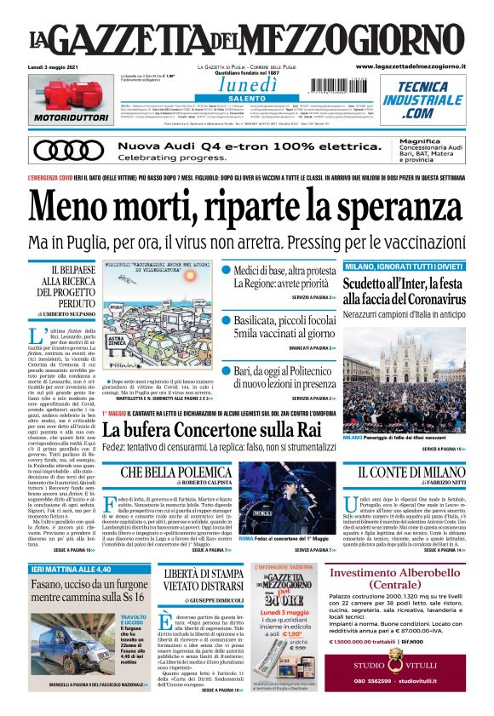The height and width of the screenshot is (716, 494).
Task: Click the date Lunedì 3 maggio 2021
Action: [47, 66]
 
